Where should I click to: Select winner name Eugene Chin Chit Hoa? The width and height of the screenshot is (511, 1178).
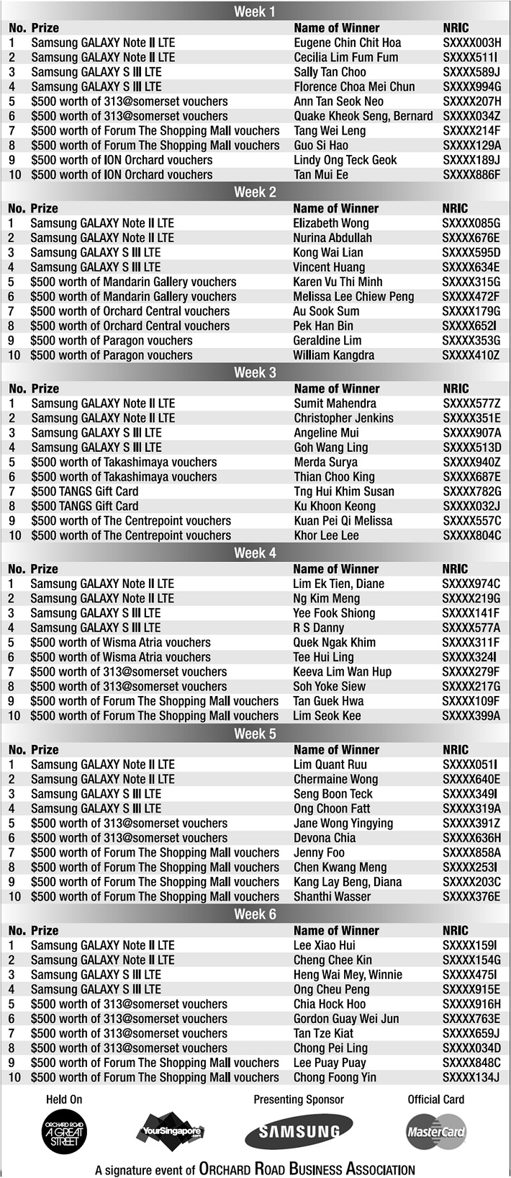coord(348,43)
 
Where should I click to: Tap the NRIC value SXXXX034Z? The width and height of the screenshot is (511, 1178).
coord(471,116)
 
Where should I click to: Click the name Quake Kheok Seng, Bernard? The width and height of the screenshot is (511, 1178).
coord(363,116)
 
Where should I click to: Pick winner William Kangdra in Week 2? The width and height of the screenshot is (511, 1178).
coord(333,354)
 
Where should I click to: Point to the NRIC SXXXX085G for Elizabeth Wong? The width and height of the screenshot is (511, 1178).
coord(471,223)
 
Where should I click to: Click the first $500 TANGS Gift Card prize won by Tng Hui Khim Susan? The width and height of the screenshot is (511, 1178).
coord(85,491)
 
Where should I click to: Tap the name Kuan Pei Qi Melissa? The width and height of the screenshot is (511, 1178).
coord(343,521)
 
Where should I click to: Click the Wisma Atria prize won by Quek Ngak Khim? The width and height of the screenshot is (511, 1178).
coord(121,643)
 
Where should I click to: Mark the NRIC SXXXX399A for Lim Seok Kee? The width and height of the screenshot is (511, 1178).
coord(471,716)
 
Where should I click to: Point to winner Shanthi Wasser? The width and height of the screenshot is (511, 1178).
coord(333,897)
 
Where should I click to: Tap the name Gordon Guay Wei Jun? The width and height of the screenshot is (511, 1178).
coord(346,1019)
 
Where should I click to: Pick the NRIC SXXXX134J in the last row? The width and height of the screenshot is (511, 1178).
coord(471,1078)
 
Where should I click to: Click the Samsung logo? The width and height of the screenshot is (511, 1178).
coord(299,1132)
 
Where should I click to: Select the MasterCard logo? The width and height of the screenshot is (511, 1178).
coord(436,1132)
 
